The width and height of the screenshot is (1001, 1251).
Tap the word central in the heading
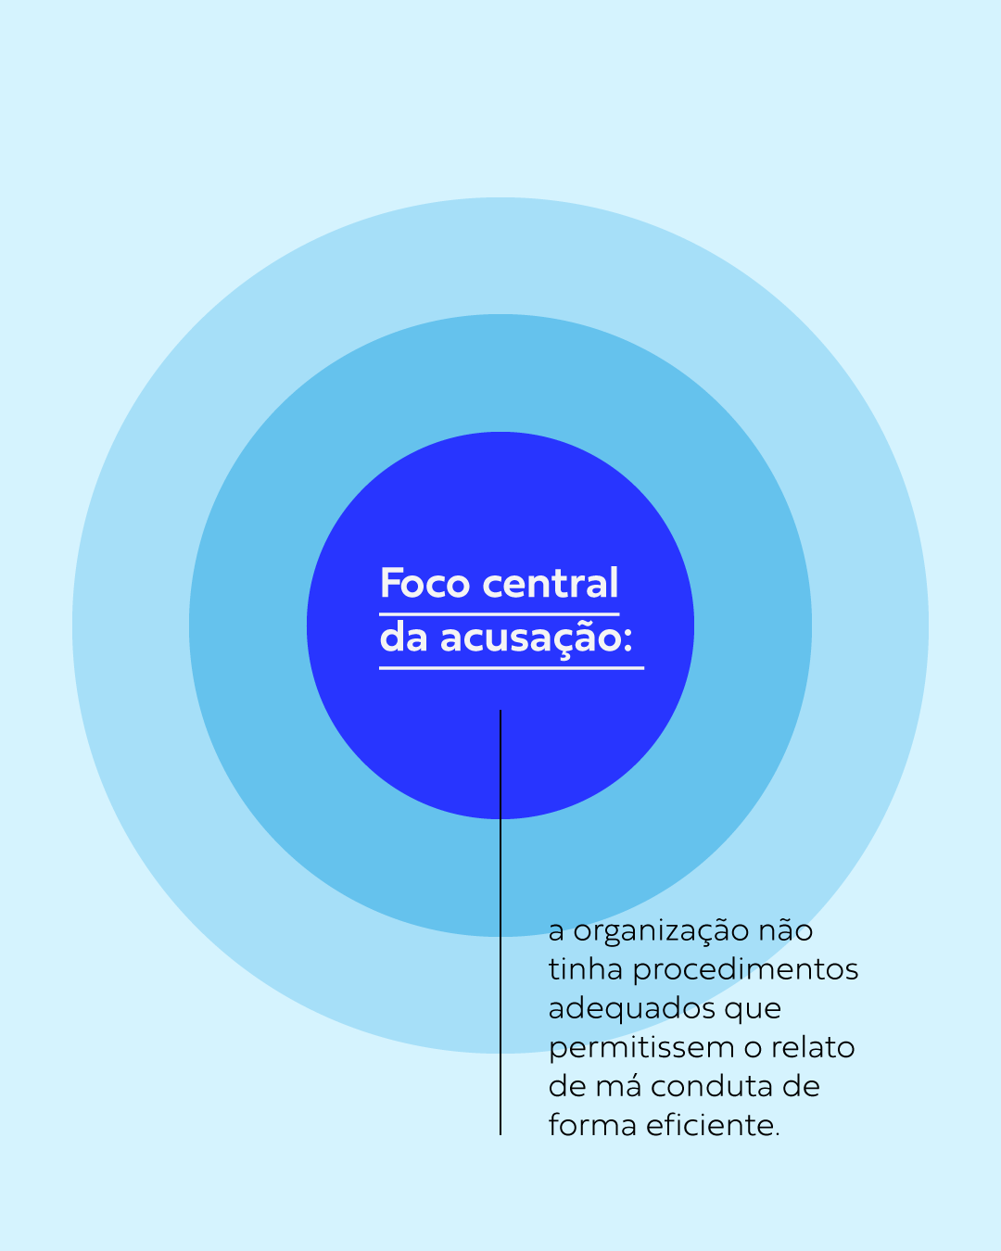pyautogui.click(x=551, y=584)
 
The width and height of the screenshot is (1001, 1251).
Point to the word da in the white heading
pyautogui.click(x=403, y=638)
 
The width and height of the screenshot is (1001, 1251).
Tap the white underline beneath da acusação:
pyautogui.click(x=511, y=667)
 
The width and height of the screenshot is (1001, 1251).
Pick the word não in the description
pyautogui.click(x=785, y=930)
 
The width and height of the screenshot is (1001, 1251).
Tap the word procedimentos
pyautogui.click(x=745, y=970)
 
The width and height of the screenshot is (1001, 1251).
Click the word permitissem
pyautogui.click(x=641, y=1048)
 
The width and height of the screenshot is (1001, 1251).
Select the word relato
pyautogui.click(x=813, y=1047)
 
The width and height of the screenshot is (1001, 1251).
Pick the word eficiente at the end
pyautogui.click(x=713, y=1125)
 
